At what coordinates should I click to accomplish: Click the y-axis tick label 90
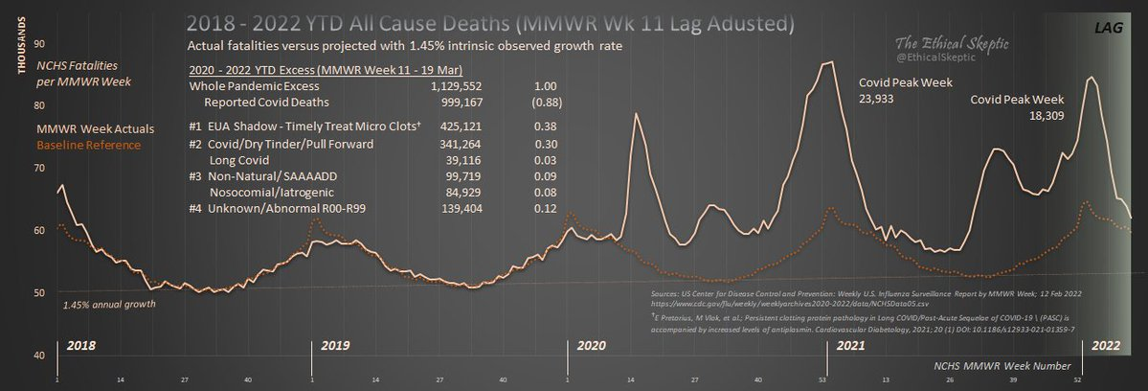pos(38,43)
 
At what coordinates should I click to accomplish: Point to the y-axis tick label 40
pos(38,356)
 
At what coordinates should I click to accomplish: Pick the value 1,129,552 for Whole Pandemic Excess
pos(449,85)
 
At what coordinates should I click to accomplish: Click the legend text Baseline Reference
pos(88,145)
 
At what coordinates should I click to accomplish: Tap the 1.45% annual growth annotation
pos(106,305)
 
